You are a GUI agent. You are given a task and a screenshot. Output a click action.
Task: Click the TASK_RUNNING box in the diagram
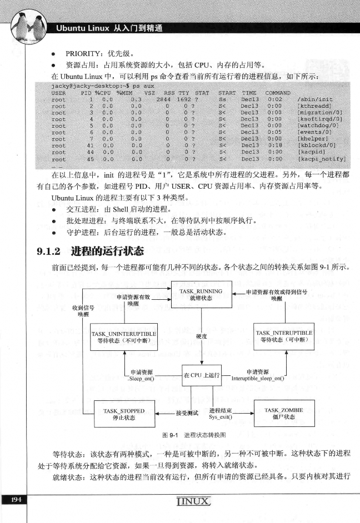coord(201,295)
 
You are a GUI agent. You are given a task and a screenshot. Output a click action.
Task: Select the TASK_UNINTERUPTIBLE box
coord(124,336)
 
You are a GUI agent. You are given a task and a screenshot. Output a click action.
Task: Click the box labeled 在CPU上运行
coord(202,376)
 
